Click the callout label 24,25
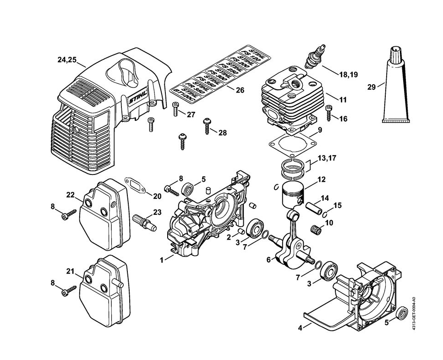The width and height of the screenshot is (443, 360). (67, 60)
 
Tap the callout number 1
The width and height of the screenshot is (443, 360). (161, 260)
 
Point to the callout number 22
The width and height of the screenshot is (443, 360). (70, 195)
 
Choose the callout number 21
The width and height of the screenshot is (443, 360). (70, 271)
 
